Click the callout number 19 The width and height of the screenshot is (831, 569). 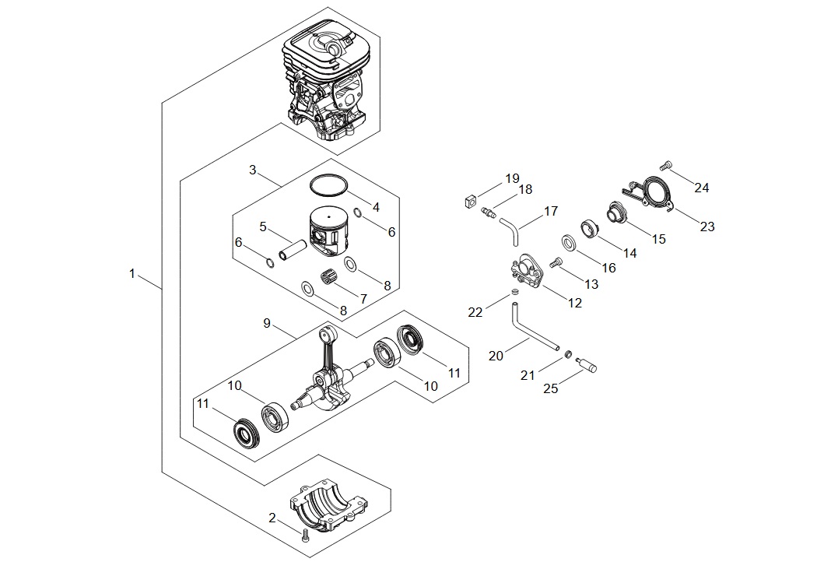click(512, 178)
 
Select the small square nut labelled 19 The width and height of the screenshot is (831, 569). click(468, 201)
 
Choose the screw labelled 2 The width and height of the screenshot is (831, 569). click(305, 536)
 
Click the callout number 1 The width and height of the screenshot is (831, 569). click(132, 274)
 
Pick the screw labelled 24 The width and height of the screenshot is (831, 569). click(667, 166)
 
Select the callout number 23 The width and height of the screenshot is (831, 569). click(707, 227)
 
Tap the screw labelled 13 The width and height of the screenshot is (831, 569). click(556, 262)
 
